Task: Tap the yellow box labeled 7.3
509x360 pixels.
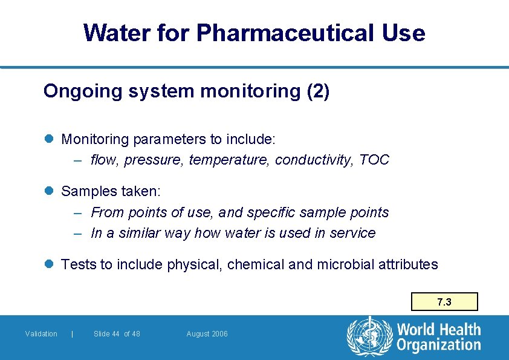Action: tap(444, 302)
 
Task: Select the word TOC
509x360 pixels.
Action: tap(374, 160)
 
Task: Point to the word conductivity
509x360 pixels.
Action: tap(314, 160)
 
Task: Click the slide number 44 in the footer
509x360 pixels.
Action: tap(115, 334)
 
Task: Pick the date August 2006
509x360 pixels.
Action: tap(207, 334)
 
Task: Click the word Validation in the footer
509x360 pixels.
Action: tap(41, 334)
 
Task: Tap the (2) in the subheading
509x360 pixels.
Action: tap(318, 91)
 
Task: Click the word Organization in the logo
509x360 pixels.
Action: tap(439, 345)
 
